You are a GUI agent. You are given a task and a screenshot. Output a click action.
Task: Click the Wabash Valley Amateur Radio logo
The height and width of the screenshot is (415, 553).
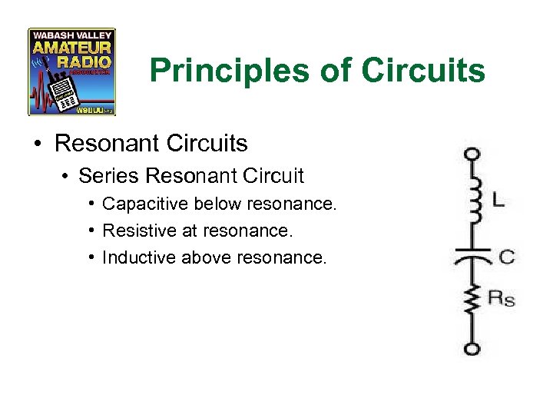tap(71, 71)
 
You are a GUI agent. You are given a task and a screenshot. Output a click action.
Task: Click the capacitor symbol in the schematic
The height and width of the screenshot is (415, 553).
tap(472, 256)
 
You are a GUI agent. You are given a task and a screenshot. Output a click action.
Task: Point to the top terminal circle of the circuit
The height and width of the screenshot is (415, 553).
tap(472, 154)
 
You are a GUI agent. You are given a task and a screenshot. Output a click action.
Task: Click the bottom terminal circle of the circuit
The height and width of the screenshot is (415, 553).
tap(472, 348)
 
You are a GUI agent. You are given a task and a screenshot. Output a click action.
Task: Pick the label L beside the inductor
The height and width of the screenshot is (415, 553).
tap(498, 201)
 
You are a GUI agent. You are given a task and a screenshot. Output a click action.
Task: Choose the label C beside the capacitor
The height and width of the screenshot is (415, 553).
tap(506, 257)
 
